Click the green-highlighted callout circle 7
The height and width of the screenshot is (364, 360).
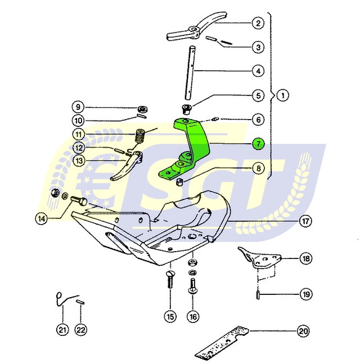(x=258, y=144)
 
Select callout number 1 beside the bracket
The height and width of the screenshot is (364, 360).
(x=283, y=95)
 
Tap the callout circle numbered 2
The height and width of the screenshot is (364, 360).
(x=258, y=23)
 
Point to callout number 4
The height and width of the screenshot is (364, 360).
(x=258, y=71)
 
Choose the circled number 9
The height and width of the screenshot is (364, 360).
(x=78, y=107)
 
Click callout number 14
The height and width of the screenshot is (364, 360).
(x=42, y=219)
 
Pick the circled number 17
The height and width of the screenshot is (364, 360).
(x=305, y=221)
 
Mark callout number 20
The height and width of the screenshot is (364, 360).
(x=303, y=331)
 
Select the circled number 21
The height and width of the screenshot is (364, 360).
(x=62, y=330)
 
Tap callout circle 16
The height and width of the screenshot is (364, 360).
(x=193, y=316)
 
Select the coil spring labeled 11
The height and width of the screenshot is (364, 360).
(x=140, y=136)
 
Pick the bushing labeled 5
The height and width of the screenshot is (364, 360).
(x=186, y=110)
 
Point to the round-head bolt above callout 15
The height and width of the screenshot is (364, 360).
(x=170, y=280)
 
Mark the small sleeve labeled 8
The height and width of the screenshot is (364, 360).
(x=179, y=182)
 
